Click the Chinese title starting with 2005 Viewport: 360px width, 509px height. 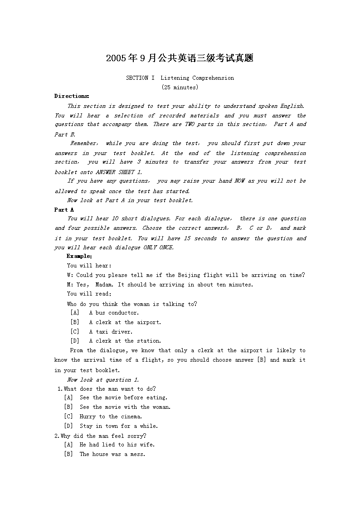pos(180,58)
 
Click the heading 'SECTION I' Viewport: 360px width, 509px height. pos(137,78)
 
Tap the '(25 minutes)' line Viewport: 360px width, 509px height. pos(180,87)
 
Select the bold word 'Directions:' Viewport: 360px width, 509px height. pos(72,96)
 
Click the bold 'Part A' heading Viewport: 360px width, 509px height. pos(64,210)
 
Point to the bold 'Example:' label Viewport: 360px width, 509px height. pos(79,256)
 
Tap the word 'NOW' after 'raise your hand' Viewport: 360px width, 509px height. pos(239,181)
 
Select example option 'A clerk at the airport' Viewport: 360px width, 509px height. pos(125,322)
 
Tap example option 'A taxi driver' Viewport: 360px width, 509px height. pos(111,332)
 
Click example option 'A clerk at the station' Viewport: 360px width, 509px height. pos(125,341)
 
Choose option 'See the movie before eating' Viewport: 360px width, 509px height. pos(123,398)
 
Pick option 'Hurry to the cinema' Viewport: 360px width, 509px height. pos(111,417)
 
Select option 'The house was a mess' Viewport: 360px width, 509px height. pos(112,454)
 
